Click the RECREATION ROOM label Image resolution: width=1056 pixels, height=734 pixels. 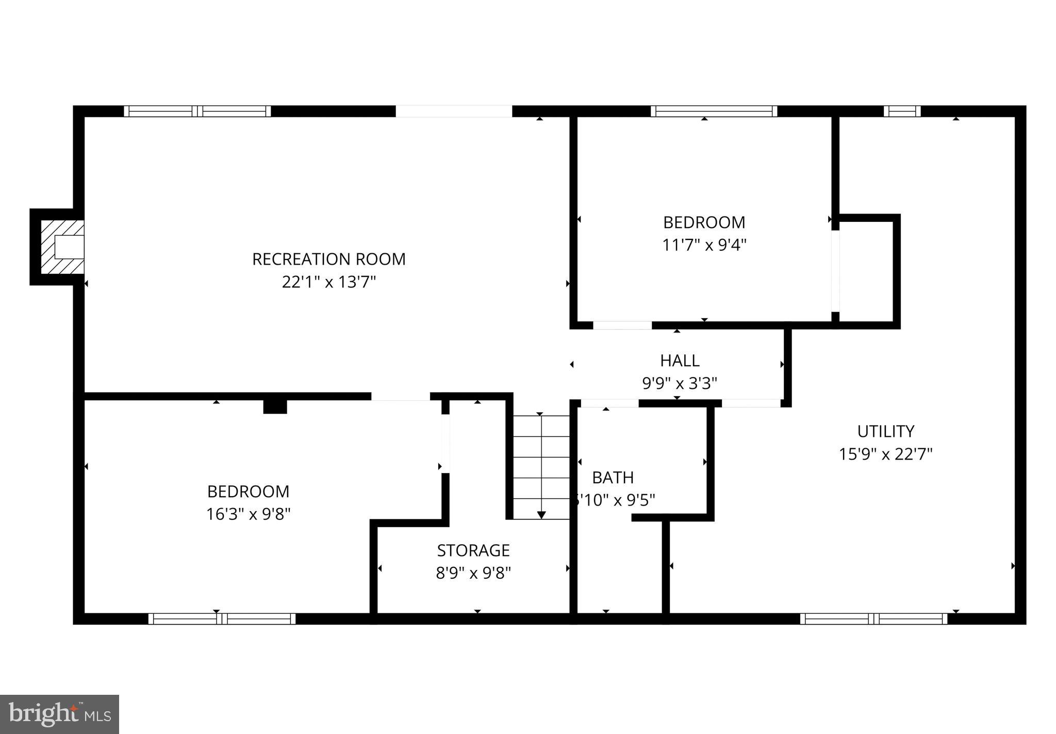(328, 259)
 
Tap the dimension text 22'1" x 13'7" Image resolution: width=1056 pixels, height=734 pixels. (328, 282)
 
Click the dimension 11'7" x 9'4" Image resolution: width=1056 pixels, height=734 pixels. (704, 244)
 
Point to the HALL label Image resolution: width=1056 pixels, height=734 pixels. (680, 361)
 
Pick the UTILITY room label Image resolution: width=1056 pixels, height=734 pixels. (885, 431)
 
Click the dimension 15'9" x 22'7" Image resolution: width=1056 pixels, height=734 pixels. (885, 454)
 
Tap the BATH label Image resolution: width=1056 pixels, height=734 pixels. (613, 478)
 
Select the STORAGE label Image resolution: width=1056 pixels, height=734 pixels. (473, 550)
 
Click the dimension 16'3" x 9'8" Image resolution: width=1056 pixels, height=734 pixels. (248, 514)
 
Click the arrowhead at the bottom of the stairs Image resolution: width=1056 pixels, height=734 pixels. (541, 515)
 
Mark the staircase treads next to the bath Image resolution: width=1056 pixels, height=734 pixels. (541, 467)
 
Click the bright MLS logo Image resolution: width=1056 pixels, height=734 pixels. (59, 714)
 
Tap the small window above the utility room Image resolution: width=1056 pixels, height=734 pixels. (902, 111)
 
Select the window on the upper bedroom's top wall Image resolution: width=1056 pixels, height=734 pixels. (714, 111)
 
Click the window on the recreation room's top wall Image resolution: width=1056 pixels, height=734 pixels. (197, 111)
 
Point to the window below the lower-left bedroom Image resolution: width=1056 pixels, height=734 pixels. (222, 618)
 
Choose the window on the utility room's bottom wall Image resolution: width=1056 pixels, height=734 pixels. (873, 618)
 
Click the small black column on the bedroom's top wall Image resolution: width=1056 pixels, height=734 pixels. (275, 406)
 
